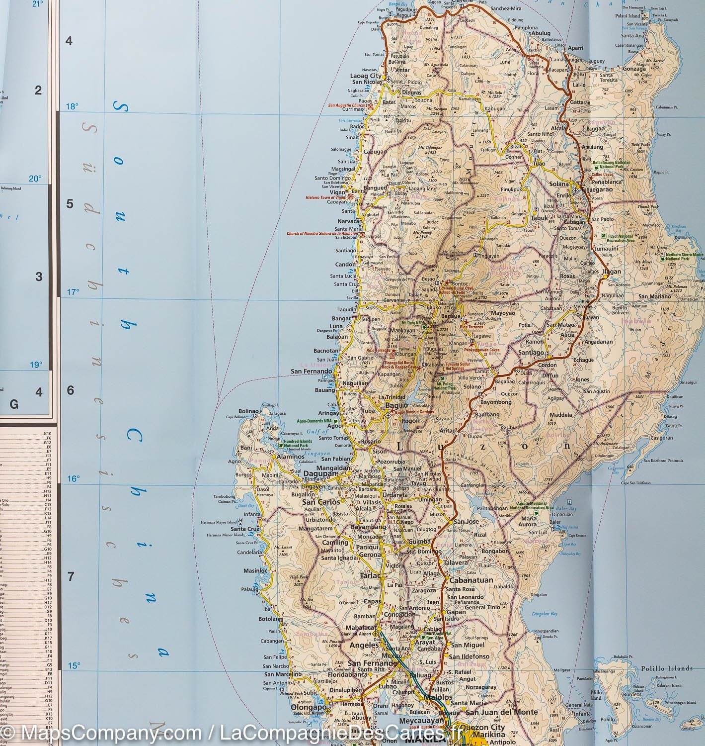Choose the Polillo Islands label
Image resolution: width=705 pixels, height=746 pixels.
pyautogui.click(x=666, y=668)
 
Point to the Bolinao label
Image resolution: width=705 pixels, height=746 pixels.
pyautogui.click(x=249, y=411)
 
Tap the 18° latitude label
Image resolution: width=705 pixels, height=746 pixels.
pyautogui.click(x=73, y=106)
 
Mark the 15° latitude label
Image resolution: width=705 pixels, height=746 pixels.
pyautogui.click(x=74, y=665)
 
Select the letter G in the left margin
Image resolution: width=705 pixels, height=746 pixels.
pyautogui.click(x=14, y=405)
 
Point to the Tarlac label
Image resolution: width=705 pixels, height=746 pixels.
pyautogui.click(x=370, y=575)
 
